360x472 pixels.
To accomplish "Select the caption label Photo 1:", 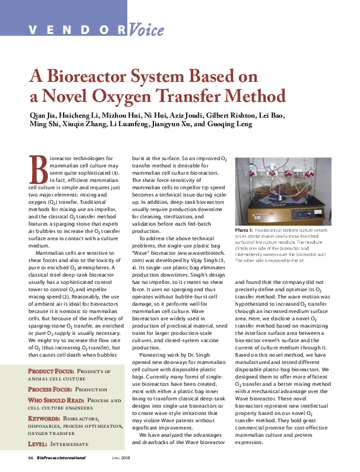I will (x=246, y=231).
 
